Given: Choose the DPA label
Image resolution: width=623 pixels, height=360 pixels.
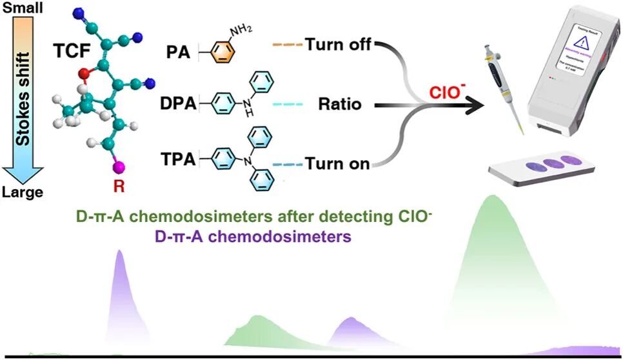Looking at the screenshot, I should [183, 103].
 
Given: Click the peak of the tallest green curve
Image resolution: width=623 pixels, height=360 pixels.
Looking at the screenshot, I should [493, 195].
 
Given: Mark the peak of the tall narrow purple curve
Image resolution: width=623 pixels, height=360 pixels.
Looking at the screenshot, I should [119, 251].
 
